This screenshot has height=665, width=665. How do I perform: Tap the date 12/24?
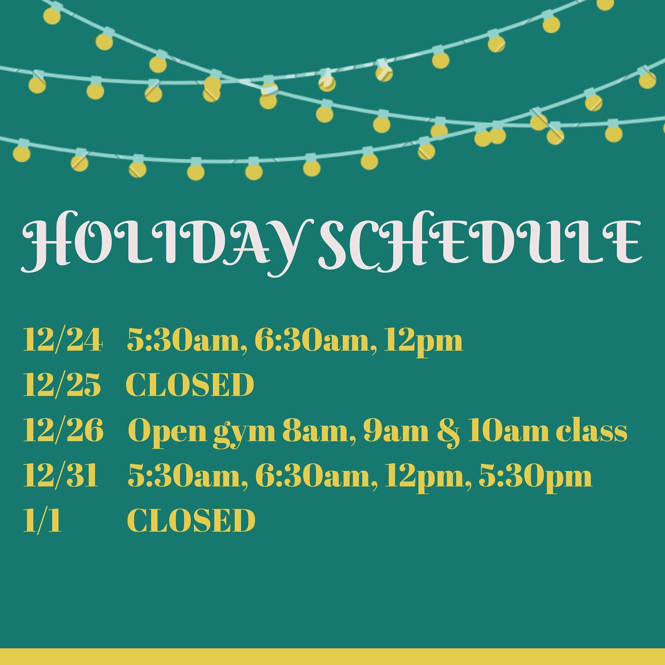[62, 340]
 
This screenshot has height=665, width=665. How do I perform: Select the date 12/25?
[62, 385]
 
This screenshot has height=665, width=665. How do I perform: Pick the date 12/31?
[60, 475]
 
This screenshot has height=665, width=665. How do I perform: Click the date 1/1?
[42, 520]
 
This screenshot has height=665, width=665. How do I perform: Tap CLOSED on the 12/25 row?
[190, 385]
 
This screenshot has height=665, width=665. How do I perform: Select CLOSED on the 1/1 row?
[191, 520]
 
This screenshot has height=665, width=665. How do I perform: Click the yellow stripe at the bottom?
[332, 657]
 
